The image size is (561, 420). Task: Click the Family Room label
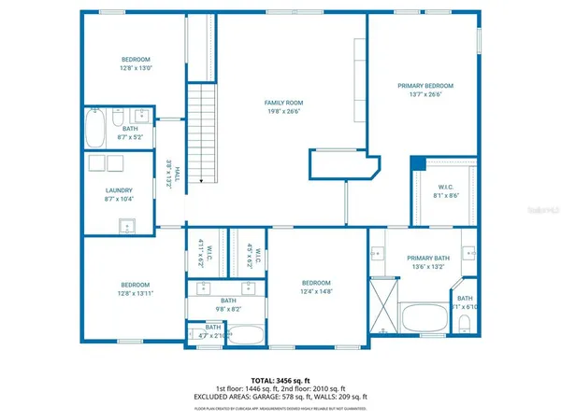point(284,103)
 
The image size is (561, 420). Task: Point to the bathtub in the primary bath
point(426,319)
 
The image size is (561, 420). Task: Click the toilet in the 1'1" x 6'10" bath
point(465,324)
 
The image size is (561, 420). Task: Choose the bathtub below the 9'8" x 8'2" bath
point(245,334)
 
